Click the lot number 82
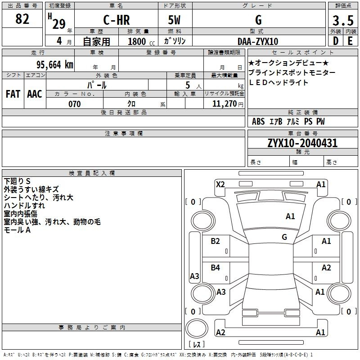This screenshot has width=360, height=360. [x=22, y=19]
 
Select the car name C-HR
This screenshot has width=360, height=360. [x=117, y=20]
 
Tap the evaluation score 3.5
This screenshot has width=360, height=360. [x=343, y=21]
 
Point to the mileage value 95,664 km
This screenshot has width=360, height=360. [x=54, y=65]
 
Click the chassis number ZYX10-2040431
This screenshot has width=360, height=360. [x=302, y=143]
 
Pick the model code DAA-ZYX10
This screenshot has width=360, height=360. [x=257, y=41]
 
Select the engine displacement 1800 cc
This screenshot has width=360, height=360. [x=141, y=41]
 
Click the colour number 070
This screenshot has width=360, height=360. [x=74, y=104]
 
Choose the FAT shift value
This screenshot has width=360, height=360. [x=13, y=94]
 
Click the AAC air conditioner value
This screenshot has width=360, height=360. [x=35, y=94]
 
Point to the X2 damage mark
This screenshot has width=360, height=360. [x=220, y=184]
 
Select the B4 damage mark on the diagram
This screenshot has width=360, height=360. [x=215, y=267]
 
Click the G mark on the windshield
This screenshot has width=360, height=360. [x=284, y=237]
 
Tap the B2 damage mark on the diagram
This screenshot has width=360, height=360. [x=215, y=241]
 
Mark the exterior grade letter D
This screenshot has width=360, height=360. [x=336, y=41]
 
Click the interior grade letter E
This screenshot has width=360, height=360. [x=350, y=41]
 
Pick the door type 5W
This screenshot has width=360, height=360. [x=174, y=20]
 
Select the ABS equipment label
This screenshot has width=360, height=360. [x=258, y=121]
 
